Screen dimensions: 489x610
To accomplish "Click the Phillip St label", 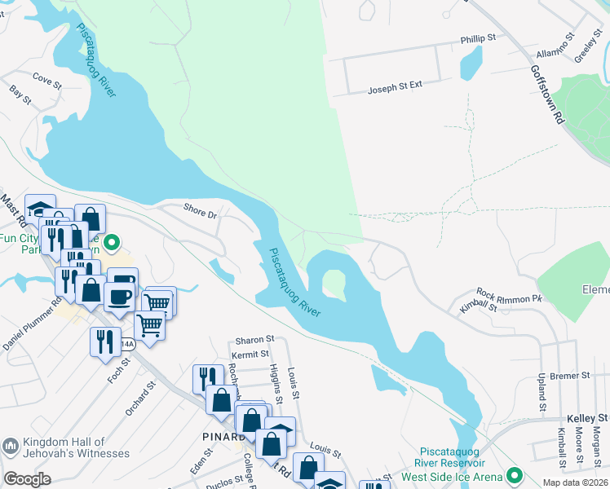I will (478, 38).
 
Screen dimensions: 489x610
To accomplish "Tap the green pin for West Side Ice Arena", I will (514, 474).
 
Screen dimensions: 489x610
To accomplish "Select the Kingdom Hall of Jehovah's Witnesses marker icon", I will (11, 446).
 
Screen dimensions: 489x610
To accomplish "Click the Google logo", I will (27, 479).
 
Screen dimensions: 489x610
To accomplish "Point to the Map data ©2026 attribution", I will (574, 482).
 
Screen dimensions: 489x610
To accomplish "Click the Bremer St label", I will (569, 376).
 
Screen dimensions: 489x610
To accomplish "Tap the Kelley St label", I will (587, 418).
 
